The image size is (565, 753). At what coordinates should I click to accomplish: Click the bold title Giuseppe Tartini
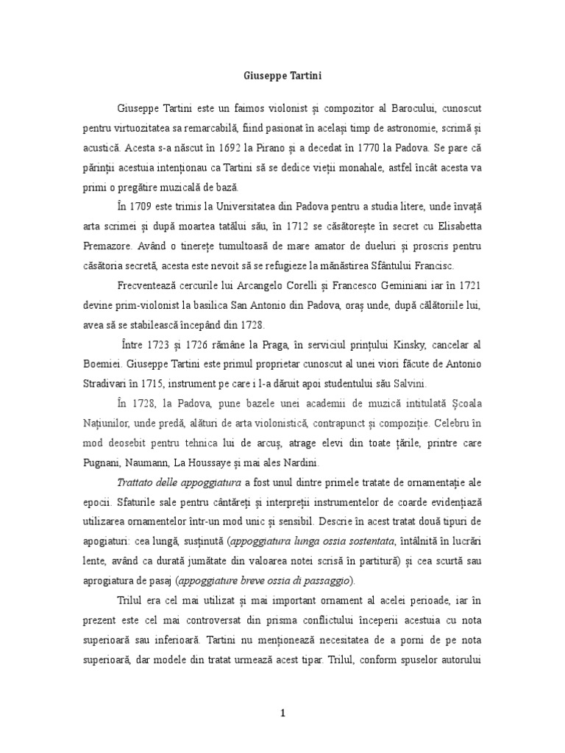pyautogui.click(x=282, y=76)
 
